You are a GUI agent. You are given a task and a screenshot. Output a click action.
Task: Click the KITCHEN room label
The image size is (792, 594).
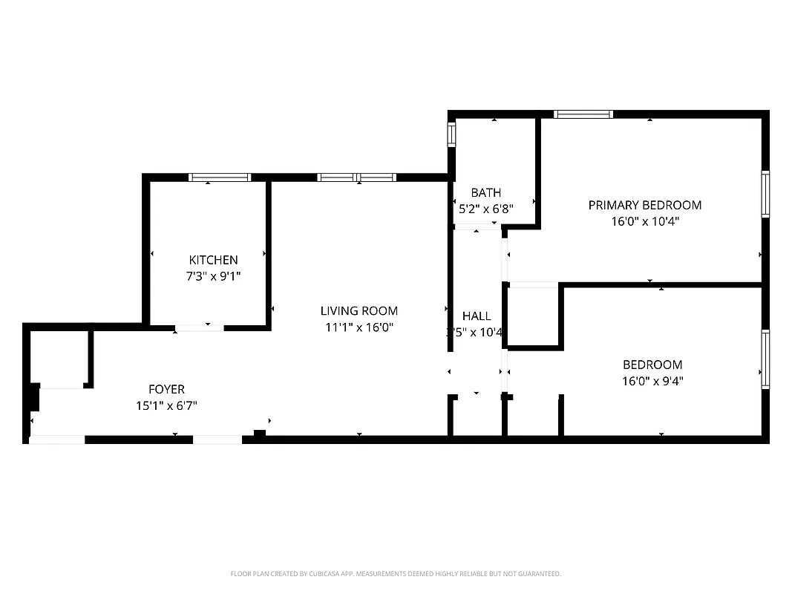coord(213,260)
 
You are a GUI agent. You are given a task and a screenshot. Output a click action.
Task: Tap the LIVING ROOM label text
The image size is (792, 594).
coord(359,311)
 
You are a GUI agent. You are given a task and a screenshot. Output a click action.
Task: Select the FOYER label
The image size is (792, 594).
coord(166,389)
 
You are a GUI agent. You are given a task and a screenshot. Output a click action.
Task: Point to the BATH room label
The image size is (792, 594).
coord(485,193)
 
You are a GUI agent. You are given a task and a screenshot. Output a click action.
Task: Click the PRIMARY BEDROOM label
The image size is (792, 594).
coord(644,205)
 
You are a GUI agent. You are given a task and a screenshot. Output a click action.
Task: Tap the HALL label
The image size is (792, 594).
coord(476,316)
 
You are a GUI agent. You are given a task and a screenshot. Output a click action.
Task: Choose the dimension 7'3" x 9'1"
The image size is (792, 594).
coord(213,276)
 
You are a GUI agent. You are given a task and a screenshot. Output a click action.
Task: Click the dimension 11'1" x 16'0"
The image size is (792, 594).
coord(359,327)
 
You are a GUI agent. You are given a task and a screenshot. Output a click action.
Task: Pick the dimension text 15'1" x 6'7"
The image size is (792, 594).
coord(166,405)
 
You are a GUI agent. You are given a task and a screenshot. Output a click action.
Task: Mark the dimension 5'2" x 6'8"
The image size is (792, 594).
coord(485,209)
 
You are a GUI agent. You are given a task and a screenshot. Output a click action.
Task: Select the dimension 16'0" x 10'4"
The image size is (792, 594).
coord(644,221)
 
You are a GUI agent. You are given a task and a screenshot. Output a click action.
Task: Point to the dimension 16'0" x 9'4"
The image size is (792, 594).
coord(652,381)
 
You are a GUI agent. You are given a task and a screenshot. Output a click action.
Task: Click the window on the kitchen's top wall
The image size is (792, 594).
coord(220,177)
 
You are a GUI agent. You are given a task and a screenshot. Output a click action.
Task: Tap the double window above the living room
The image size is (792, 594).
coord(356,177)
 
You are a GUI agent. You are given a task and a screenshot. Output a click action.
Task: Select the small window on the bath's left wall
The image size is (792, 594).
coord(451,134)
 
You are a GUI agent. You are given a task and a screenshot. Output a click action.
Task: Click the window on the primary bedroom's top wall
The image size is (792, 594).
coord(583,114)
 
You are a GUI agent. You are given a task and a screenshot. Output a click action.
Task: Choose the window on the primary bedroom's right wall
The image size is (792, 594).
coord(765,195)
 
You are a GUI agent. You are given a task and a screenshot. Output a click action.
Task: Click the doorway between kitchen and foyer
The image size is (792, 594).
coord(199,327)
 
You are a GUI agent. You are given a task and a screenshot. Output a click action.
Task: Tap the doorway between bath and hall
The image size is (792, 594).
coord(477,226)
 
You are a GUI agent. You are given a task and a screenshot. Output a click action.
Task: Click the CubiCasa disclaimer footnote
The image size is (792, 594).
coord(396,574)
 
